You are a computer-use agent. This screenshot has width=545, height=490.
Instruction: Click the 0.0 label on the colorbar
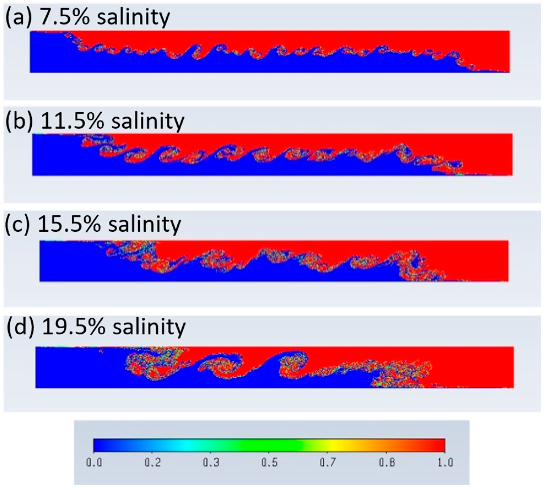pyautogui.click(x=94, y=462)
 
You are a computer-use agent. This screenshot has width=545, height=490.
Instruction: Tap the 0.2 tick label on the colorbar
pyautogui.click(x=153, y=462)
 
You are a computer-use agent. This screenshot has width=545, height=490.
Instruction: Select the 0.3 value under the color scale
pyautogui.click(x=211, y=462)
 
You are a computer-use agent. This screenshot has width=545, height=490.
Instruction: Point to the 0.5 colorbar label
pyautogui.click(x=269, y=462)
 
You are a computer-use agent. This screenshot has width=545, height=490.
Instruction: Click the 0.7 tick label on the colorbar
pyautogui.click(x=328, y=462)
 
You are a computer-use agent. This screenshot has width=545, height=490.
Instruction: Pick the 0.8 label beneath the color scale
pyautogui.click(x=387, y=462)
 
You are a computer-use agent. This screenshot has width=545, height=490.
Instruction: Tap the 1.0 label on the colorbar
pyautogui.click(x=445, y=462)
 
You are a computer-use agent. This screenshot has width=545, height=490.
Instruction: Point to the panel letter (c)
pyautogui.click(x=17, y=224)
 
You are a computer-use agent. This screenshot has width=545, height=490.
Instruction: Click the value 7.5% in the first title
pyautogui.click(x=64, y=17)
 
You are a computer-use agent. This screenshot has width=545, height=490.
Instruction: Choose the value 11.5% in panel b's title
pyautogui.click(x=72, y=121)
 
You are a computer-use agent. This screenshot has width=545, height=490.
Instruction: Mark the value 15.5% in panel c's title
pyautogui.click(x=69, y=224)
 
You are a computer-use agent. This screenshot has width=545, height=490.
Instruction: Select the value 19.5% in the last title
pyautogui.click(x=74, y=327)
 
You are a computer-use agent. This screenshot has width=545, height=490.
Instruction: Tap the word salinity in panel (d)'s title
pyautogui.click(x=149, y=327)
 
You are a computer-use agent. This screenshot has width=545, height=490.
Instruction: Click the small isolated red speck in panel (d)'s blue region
pyautogui.click(x=101, y=351)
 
